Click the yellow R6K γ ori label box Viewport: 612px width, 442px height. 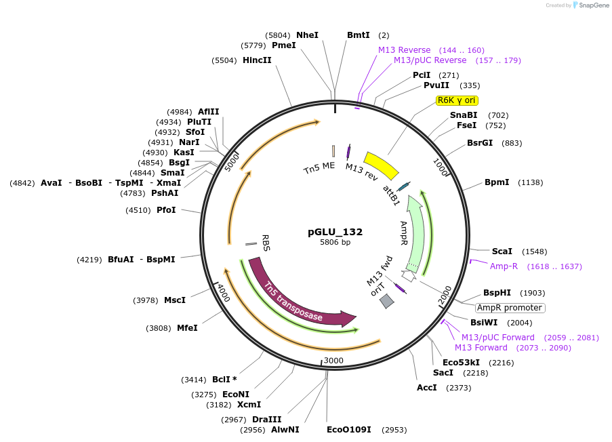click(x=457, y=100)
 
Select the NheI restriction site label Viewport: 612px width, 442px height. click(x=307, y=35)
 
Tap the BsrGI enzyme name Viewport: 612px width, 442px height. click(x=480, y=143)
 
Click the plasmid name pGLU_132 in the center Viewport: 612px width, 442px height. click(x=335, y=232)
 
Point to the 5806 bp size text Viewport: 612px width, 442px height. click(x=335, y=242)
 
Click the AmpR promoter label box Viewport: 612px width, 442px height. click(x=510, y=307)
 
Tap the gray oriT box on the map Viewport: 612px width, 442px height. click(x=386, y=301)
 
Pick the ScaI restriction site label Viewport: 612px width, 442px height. click(x=502, y=251)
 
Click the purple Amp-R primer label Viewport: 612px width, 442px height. click(x=504, y=266)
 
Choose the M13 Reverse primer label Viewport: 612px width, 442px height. click(x=404, y=50)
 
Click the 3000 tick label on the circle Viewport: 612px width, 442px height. click(x=334, y=360)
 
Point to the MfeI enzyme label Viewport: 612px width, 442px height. click(x=187, y=328)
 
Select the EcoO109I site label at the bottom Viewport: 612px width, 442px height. click(x=348, y=430)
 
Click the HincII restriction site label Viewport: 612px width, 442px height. click(x=257, y=60)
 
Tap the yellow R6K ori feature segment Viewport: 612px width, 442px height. click(x=382, y=165)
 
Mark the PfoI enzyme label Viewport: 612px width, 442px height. click(x=166, y=210)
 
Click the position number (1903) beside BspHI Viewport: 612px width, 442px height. click(x=532, y=293)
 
